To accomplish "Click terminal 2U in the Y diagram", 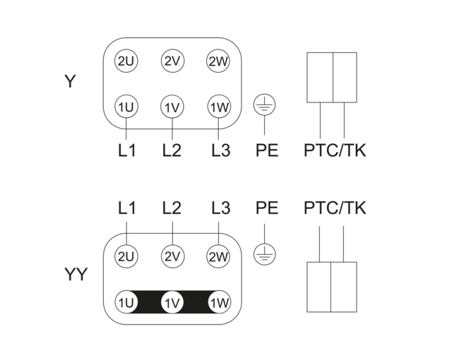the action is [126, 61].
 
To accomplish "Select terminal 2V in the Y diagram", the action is [172, 61].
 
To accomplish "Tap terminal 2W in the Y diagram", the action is [218, 61].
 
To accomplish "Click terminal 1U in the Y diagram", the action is [126, 107].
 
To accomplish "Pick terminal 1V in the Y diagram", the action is [172, 107].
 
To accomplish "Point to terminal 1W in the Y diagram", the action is [219, 107].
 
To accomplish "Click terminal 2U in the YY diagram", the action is [126, 256].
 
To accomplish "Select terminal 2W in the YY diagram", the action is [218, 256].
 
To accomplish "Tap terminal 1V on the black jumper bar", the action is [172, 302].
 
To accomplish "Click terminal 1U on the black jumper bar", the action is [126, 302].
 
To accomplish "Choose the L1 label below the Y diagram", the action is [127, 150].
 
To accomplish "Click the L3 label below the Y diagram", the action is [221, 150].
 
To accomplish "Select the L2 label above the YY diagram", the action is [172, 208].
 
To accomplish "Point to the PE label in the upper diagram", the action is [267, 150].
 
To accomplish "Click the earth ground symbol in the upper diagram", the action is [264, 105].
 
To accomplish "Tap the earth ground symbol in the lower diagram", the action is [264, 255].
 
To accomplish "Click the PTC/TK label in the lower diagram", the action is [335, 208].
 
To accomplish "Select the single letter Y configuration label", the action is [70, 81].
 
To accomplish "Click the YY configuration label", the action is [76, 274].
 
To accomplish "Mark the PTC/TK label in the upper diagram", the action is [335, 150].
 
